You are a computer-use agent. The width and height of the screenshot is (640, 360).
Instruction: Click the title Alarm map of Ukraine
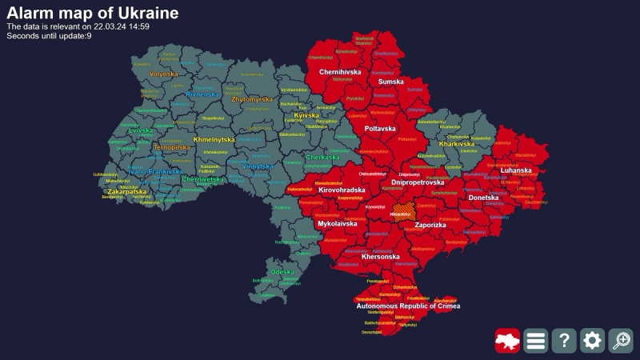(92, 13)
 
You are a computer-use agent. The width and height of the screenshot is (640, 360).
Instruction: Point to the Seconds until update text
(49, 35)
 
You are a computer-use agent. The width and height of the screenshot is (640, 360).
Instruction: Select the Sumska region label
(390, 82)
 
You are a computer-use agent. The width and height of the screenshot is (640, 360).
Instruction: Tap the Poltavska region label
(380, 129)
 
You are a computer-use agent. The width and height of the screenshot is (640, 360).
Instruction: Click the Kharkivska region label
(457, 144)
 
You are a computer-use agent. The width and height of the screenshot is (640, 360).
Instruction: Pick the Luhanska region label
(515, 170)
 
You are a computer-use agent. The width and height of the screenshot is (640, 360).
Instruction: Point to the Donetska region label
(482, 198)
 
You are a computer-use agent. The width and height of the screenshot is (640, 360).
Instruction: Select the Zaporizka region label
(430, 226)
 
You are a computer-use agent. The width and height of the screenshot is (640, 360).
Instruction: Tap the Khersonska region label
(381, 257)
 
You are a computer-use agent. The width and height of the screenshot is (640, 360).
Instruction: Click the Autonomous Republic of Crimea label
(408, 306)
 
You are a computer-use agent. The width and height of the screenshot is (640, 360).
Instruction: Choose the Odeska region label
(282, 272)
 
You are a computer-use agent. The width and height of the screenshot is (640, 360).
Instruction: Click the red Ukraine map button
(507, 341)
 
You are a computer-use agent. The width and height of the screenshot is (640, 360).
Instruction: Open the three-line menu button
(536, 341)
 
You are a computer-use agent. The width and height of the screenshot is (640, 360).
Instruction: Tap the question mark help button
(564, 341)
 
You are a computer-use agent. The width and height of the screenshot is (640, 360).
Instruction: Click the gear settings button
(592, 341)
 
